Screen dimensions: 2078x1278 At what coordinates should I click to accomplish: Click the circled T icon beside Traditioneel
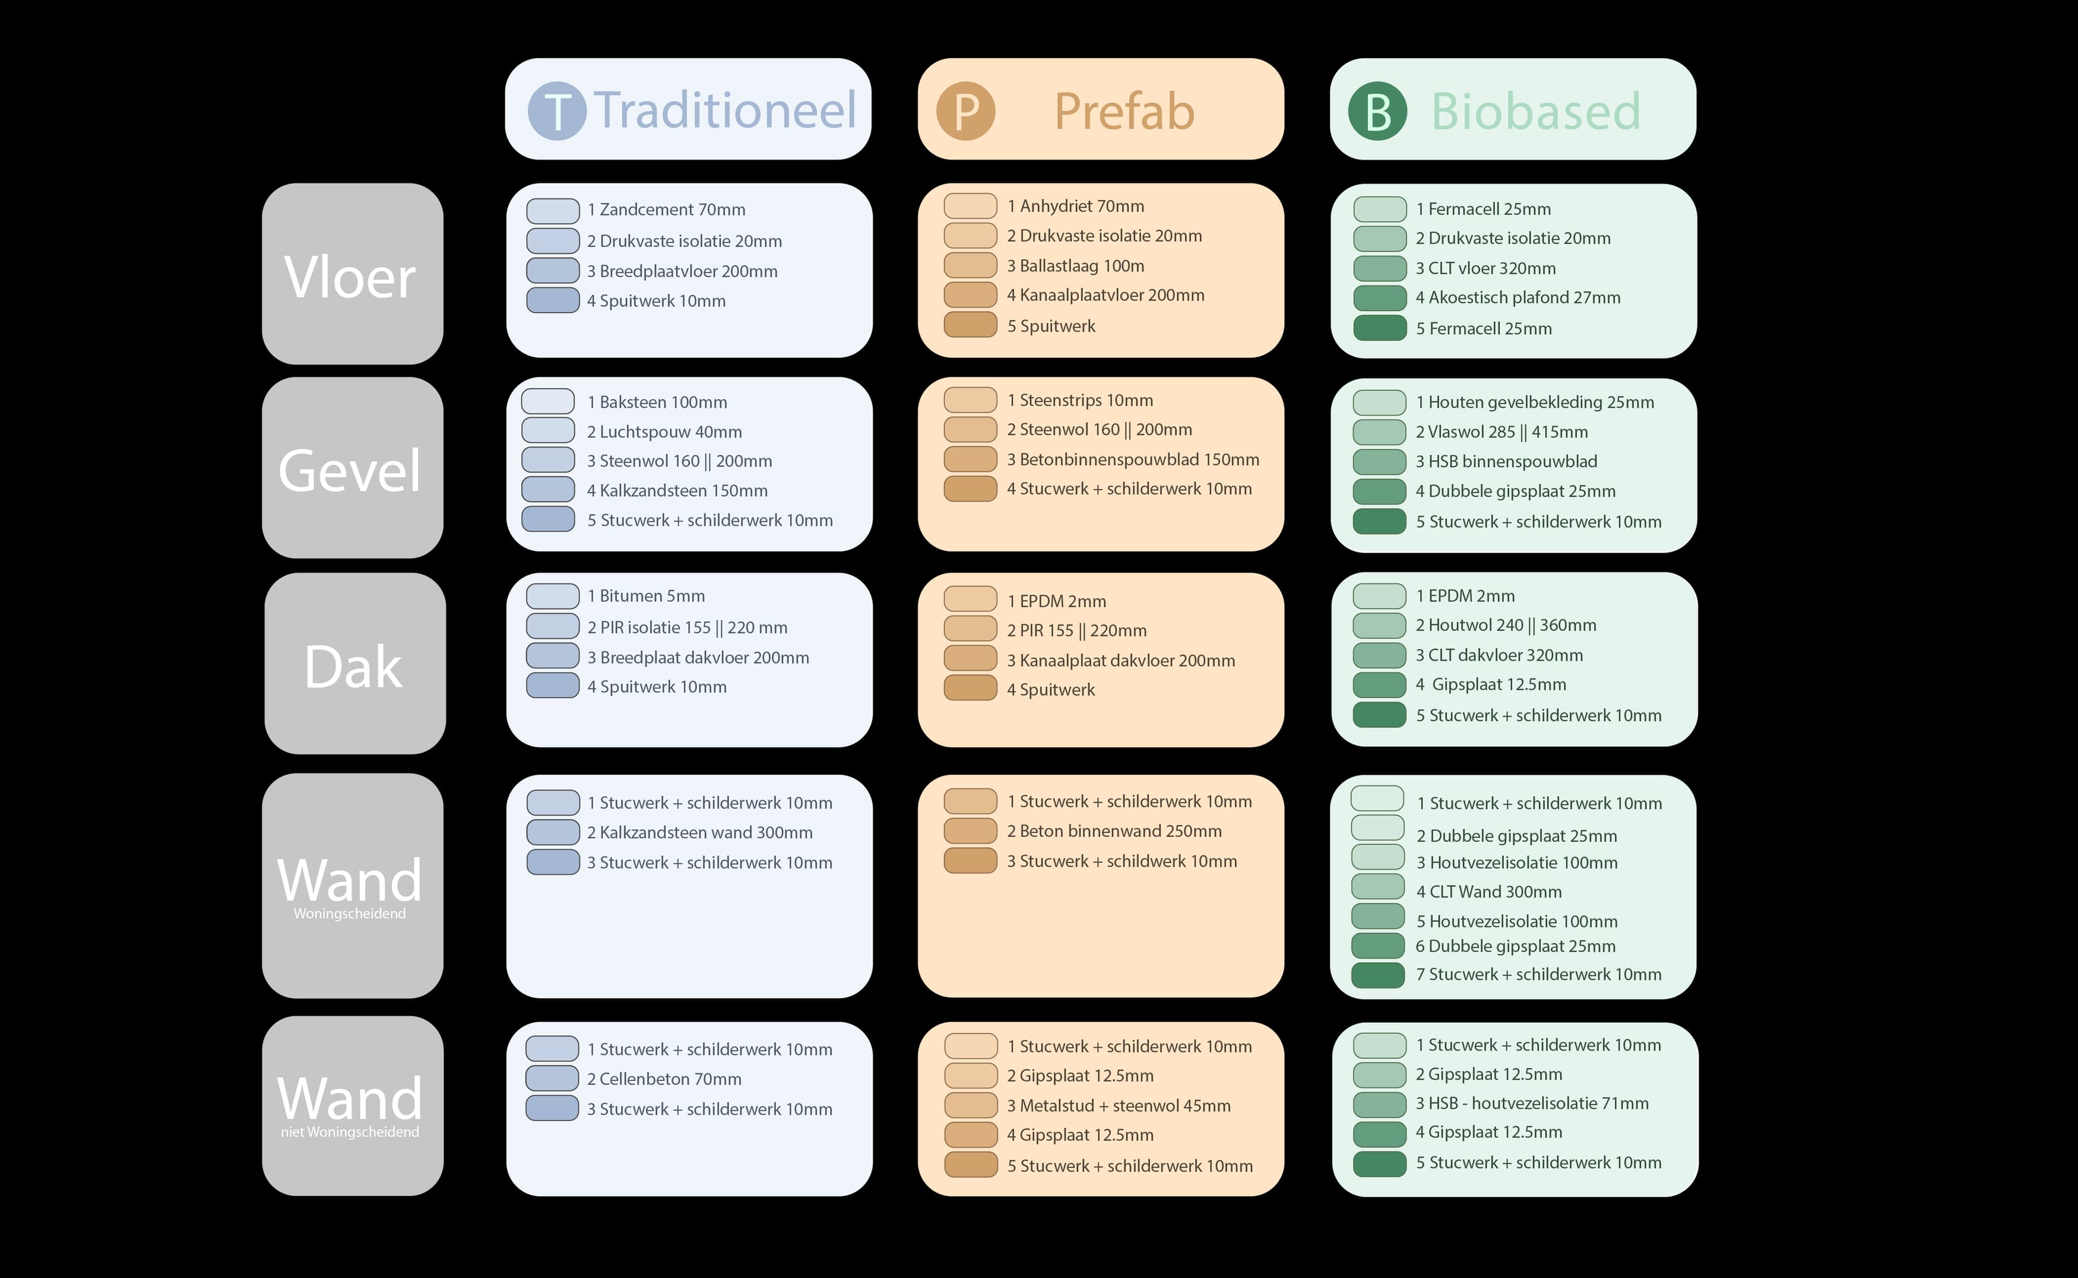pos(557,111)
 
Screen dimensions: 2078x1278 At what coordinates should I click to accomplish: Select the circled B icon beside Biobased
pos(1378,111)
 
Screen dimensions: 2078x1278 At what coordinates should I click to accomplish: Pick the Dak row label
pos(353,666)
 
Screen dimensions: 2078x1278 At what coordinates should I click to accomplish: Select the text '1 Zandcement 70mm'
pos(666,210)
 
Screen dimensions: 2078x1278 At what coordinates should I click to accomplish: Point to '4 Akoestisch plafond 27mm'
pos(1518,297)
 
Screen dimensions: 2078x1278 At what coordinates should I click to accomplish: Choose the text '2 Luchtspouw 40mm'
pos(664,432)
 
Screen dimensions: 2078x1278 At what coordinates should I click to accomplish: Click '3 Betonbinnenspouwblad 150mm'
pos(1133,460)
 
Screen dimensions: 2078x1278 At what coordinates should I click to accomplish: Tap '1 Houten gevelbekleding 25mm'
pos(1535,402)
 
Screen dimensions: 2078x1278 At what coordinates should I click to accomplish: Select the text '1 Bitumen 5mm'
pos(646,596)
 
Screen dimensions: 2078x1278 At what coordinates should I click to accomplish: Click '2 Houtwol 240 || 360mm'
pos(1506,626)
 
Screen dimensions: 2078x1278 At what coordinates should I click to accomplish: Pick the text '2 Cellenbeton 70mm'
pos(664,1079)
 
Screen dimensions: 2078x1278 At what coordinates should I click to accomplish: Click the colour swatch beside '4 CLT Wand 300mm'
pos(1378,887)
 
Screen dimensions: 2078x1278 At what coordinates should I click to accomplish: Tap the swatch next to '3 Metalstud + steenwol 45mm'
pos(971,1106)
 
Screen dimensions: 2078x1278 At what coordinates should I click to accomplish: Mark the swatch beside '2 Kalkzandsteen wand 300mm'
pos(553,833)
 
